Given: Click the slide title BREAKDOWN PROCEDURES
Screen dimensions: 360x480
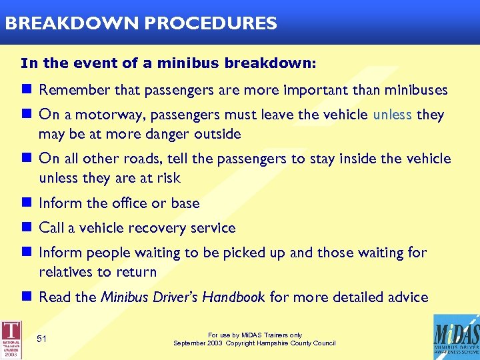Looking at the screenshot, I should (x=140, y=23).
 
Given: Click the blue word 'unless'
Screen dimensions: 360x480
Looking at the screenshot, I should (x=393, y=115).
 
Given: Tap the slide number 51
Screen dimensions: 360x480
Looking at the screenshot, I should (x=41, y=339).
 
